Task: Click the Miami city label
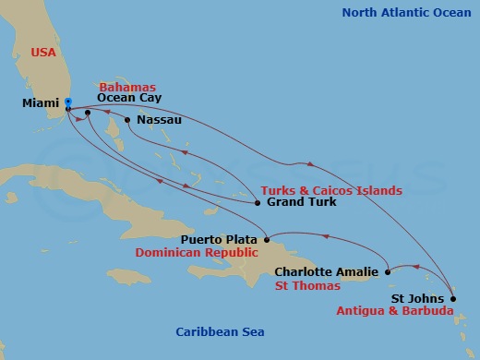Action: pyautogui.click(x=41, y=103)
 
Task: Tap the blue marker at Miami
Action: pyautogui.click(x=67, y=102)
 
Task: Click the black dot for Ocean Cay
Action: pyautogui.click(x=88, y=114)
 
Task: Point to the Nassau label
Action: pyautogui.click(x=159, y=120)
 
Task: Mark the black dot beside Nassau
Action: pyautogui.click(x=127, y=120)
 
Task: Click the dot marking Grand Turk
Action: pyautogui.click(x=258, y=202)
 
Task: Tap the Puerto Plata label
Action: pyautogui.click(x=226, y=238)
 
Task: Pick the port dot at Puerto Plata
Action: pyautogui.click(x=267, y=239)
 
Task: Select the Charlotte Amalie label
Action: pyautogui.click(x=327, y=272)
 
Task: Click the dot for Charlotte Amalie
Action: pyautogui.click(x=389, y=272)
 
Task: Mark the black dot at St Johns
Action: pyautogui.click(x=452, y=298)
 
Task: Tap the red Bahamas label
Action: pyautogui.click(x=126, y=86)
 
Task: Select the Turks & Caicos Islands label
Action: pyautogui.click(x=331, y=191)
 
